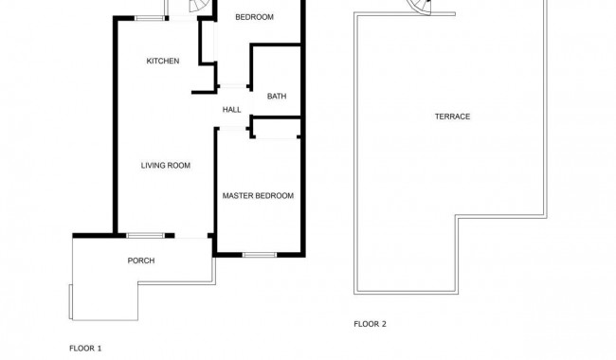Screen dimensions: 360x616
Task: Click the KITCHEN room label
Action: click(x=162, y=62)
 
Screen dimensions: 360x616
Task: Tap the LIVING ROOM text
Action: click(x=166, y=166)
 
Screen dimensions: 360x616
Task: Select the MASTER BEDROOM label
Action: click(x=258, y=196)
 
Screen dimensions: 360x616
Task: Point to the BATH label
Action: click(x=277, y=96)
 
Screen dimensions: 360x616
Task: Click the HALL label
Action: click(x=231, y=110)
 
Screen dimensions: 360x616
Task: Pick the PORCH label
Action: click(x=140, y=261)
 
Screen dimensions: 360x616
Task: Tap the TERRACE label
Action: click(x=452, y=117)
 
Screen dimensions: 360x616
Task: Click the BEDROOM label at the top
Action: click(x=254, y=17)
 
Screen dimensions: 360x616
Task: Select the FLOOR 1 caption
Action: click(x=85, y=349)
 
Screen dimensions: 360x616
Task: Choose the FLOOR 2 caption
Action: click(x=370, y=324)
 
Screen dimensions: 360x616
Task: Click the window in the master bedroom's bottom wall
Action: click(x=259, y=255)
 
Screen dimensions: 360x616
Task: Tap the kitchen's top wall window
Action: click(x=148, y=18)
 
